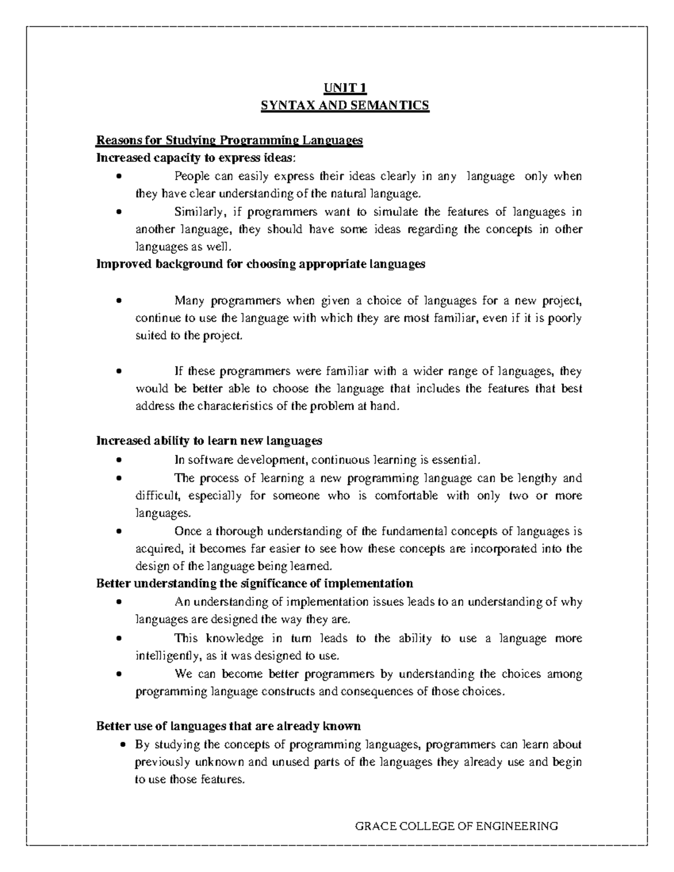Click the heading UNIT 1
344,88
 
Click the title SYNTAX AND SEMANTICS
344,106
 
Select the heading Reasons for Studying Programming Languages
230,140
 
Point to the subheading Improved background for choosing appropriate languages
261,264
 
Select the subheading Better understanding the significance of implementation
254,583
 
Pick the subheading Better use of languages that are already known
228,727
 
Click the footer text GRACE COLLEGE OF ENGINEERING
457,826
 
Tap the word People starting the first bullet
191,176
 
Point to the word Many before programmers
189,302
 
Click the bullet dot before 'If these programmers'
119,372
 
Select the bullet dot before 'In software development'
119,461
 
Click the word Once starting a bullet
188,532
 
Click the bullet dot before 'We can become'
119,674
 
